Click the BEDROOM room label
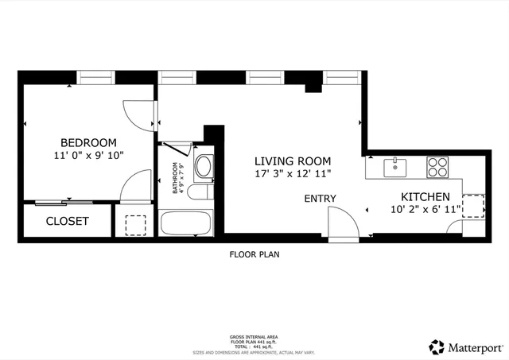click(x=89, y=142)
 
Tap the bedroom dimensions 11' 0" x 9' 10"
click(x=89, y=156)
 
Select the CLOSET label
click(x=67, y=221)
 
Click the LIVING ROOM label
click(x=293, y=160)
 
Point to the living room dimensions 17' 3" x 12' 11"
click(x=293, y=172)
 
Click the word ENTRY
click(x=320, y=199)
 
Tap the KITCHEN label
click(x=425, y=197)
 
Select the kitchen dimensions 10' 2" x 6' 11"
click(x=425, y=210)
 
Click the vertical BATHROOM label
click(x=176, y=179)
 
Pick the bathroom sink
click(x=204, y=167)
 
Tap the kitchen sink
click(x=395, y=167)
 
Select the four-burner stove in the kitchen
click(x=437, y=167)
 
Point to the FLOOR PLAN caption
click(x=254, y=255)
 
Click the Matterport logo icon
click(x=436, y=346)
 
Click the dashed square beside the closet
click(x=137, y=223)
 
